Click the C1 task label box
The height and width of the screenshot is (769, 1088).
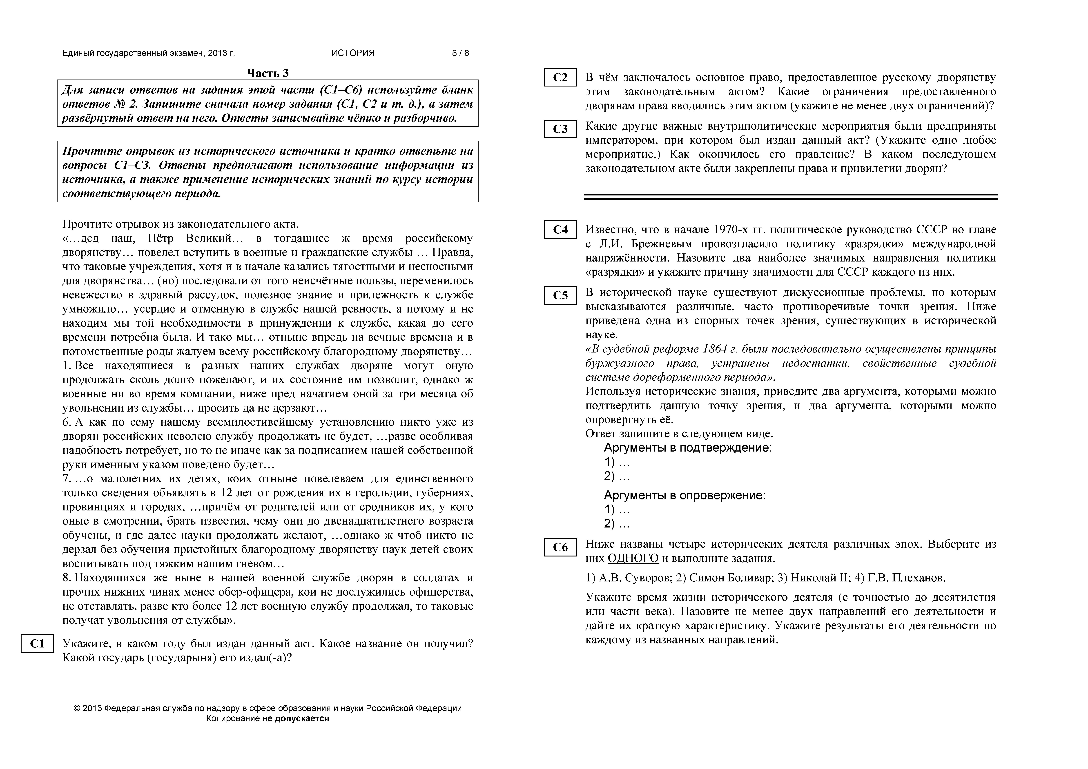pos(37,643)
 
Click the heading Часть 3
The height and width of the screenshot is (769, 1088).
pos(268,73)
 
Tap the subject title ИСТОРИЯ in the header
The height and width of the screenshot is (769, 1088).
pos(353,53)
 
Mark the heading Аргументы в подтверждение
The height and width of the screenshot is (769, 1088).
pos(688,448)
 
